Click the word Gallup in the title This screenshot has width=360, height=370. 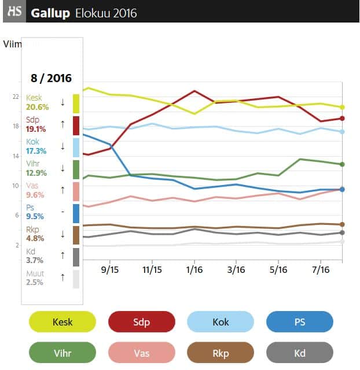[x=50, y=12]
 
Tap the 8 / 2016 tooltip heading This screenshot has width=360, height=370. [x=51, y=78]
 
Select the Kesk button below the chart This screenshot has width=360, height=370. [x=63, y=322]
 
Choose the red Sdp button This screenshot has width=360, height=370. [x=142, y=322]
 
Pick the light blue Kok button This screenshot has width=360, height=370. [x=221, y=322]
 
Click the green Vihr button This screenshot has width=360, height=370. [x=63, y=352]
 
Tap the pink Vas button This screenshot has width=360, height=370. [x=142, y=352]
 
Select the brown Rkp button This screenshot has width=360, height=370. [x=221, y=352]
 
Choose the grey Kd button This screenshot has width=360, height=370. [x=300, y=352]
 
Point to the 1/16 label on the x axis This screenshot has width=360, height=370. [x=194, y=269]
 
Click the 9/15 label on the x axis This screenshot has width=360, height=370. [x=109, y=269]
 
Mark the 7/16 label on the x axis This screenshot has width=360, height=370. [x=321, y=269]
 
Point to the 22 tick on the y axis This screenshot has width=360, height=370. [x=16, y=97]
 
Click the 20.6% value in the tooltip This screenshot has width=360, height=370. [x=37, y=106]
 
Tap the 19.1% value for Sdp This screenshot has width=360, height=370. [x=37, y=129]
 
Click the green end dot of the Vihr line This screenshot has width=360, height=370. [x=342, y=164]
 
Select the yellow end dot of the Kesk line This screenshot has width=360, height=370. [x=342, y=107]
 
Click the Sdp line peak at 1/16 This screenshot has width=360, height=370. [x=194, y=91]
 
